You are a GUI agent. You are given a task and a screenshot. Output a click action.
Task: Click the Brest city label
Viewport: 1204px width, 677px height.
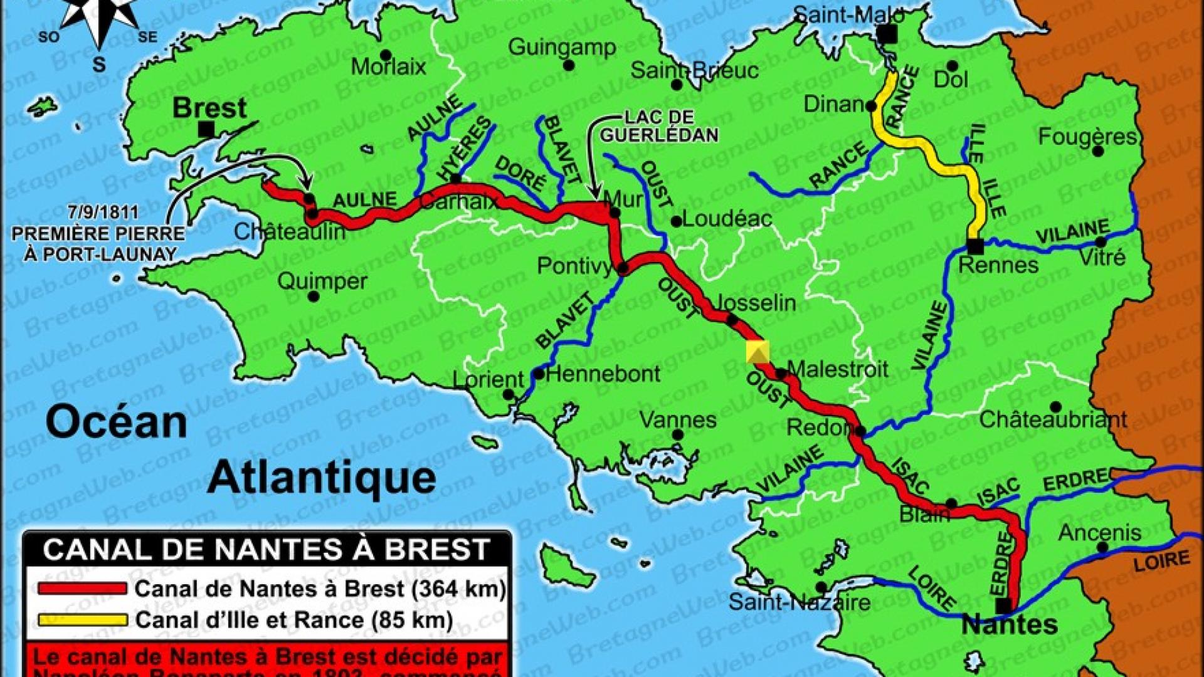click(209, 108)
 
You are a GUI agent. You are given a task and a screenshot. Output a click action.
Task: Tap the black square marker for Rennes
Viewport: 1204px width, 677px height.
click(974, 246)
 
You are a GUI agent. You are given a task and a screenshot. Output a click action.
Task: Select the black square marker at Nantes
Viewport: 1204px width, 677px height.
click(1003, 606)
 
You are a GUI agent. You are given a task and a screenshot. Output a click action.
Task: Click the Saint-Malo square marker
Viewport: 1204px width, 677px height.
click(887, 34)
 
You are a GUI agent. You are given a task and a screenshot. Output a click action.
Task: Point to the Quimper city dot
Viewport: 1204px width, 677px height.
click(314, 297)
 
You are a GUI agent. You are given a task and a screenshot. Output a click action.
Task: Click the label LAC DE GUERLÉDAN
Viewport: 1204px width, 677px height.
click(659, 126)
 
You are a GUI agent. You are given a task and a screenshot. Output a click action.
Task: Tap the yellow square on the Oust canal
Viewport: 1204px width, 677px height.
click(758, 352)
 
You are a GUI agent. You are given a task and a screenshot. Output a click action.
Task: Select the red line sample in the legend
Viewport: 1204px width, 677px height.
click(82, 589)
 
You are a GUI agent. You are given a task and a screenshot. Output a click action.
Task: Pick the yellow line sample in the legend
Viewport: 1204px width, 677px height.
click(82, 620)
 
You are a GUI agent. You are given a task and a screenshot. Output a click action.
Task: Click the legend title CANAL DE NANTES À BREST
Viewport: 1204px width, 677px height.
click(267, 550)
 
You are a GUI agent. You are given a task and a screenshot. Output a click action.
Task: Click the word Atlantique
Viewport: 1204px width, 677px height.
click(322, 478)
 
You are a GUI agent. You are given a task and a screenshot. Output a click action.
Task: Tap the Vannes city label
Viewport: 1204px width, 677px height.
click(677, 419)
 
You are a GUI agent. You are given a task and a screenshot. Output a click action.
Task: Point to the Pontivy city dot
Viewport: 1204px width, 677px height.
click(623, 269)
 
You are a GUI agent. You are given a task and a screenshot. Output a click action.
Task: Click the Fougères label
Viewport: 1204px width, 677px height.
click(1087, 136)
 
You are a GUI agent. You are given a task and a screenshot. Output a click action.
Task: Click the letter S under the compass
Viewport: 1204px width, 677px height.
click(99, 65)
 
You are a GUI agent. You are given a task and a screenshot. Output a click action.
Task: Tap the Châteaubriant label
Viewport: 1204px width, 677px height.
click(1053, 419)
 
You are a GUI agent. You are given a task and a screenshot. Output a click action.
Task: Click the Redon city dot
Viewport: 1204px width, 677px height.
click(860, 431)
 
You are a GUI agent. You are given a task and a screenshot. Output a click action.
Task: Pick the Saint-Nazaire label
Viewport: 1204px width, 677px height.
click(799, 603)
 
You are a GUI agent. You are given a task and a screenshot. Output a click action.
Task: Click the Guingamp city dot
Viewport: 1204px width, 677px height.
click(569, 65)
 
